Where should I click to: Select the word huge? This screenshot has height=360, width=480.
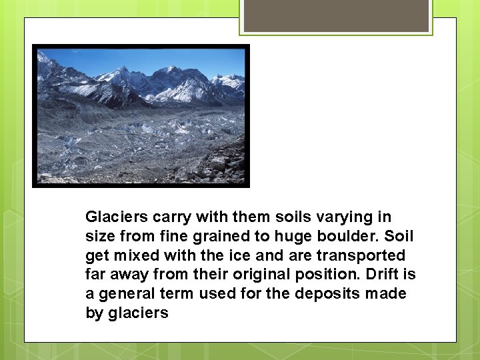click(286, 237)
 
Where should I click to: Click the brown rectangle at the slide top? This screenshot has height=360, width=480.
click(336, 15)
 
